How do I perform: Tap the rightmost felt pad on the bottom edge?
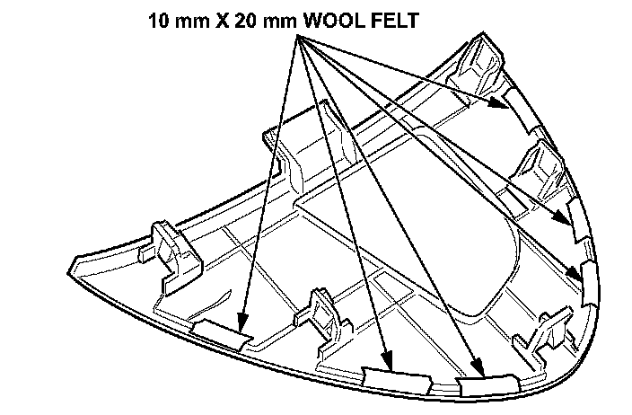pyautogui.click(x=487, y=384)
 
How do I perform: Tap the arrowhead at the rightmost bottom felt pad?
pyautogui.click(x=481, y=372)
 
